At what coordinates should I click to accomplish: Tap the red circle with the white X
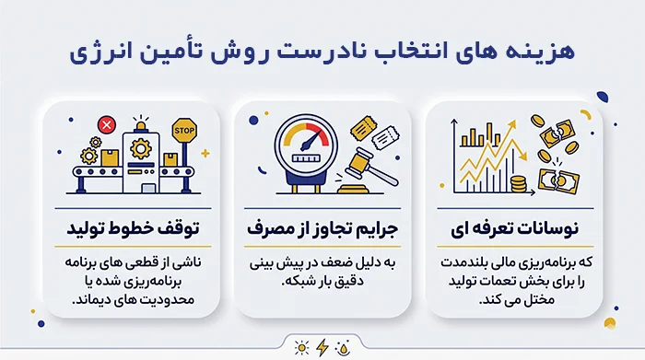(x=107, y=124)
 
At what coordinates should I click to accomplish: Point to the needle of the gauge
(x=311, y=140)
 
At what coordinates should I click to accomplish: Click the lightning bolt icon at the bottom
(x=322, y=348)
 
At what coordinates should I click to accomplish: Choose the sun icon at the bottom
(x=301, y=348)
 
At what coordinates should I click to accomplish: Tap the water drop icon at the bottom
(x=343, y=348)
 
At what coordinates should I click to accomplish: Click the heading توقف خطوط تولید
(x=133, y=228)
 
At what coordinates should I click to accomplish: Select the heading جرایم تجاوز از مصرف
(x=322, y=228)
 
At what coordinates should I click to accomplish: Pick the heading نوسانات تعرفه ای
(x=514, y=228)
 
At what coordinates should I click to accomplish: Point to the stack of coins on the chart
(x=518, y=184)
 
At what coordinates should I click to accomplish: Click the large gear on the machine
(x=141, y=148)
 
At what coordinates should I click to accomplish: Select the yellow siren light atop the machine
(x=141, y=125)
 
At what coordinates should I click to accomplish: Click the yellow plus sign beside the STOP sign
(x=205, y=153)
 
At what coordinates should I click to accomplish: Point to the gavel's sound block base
(x=353, y=189)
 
